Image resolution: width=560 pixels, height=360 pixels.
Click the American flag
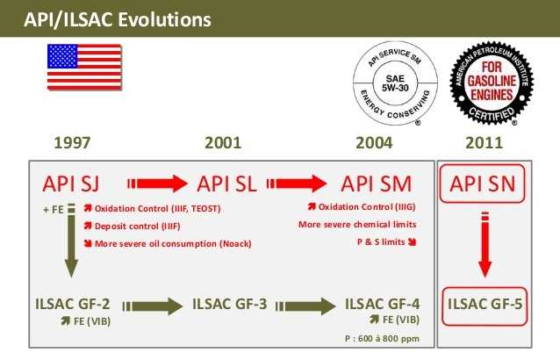(84, 67)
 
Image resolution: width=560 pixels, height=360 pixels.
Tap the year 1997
(72, 143)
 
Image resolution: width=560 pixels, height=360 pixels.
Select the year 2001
(223, 143)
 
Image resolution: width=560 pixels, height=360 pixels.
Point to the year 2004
(374, 143)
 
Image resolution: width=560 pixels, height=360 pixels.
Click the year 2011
(484, 143)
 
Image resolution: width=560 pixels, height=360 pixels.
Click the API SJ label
(71, 184)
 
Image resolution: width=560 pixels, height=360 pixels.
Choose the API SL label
(226, 184)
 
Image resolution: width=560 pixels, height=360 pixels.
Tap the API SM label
(377, 184)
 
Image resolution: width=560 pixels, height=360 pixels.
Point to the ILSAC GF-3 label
(230, 304)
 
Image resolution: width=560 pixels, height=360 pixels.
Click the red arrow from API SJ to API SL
(157, 184)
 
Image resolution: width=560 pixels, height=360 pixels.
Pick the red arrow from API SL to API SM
(297, 184)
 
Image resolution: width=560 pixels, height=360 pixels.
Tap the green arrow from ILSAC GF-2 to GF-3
(153, 306)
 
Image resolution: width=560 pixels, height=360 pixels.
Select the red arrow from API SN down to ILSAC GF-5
(485, 245)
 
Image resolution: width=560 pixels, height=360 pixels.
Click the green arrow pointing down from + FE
(71, 241)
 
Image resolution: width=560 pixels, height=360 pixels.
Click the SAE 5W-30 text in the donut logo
(395, 83)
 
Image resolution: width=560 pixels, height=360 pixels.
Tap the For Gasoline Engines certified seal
(492, 83)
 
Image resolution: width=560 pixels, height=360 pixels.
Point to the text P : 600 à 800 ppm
(382, 338)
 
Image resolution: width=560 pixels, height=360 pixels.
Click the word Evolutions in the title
(164, 19)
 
